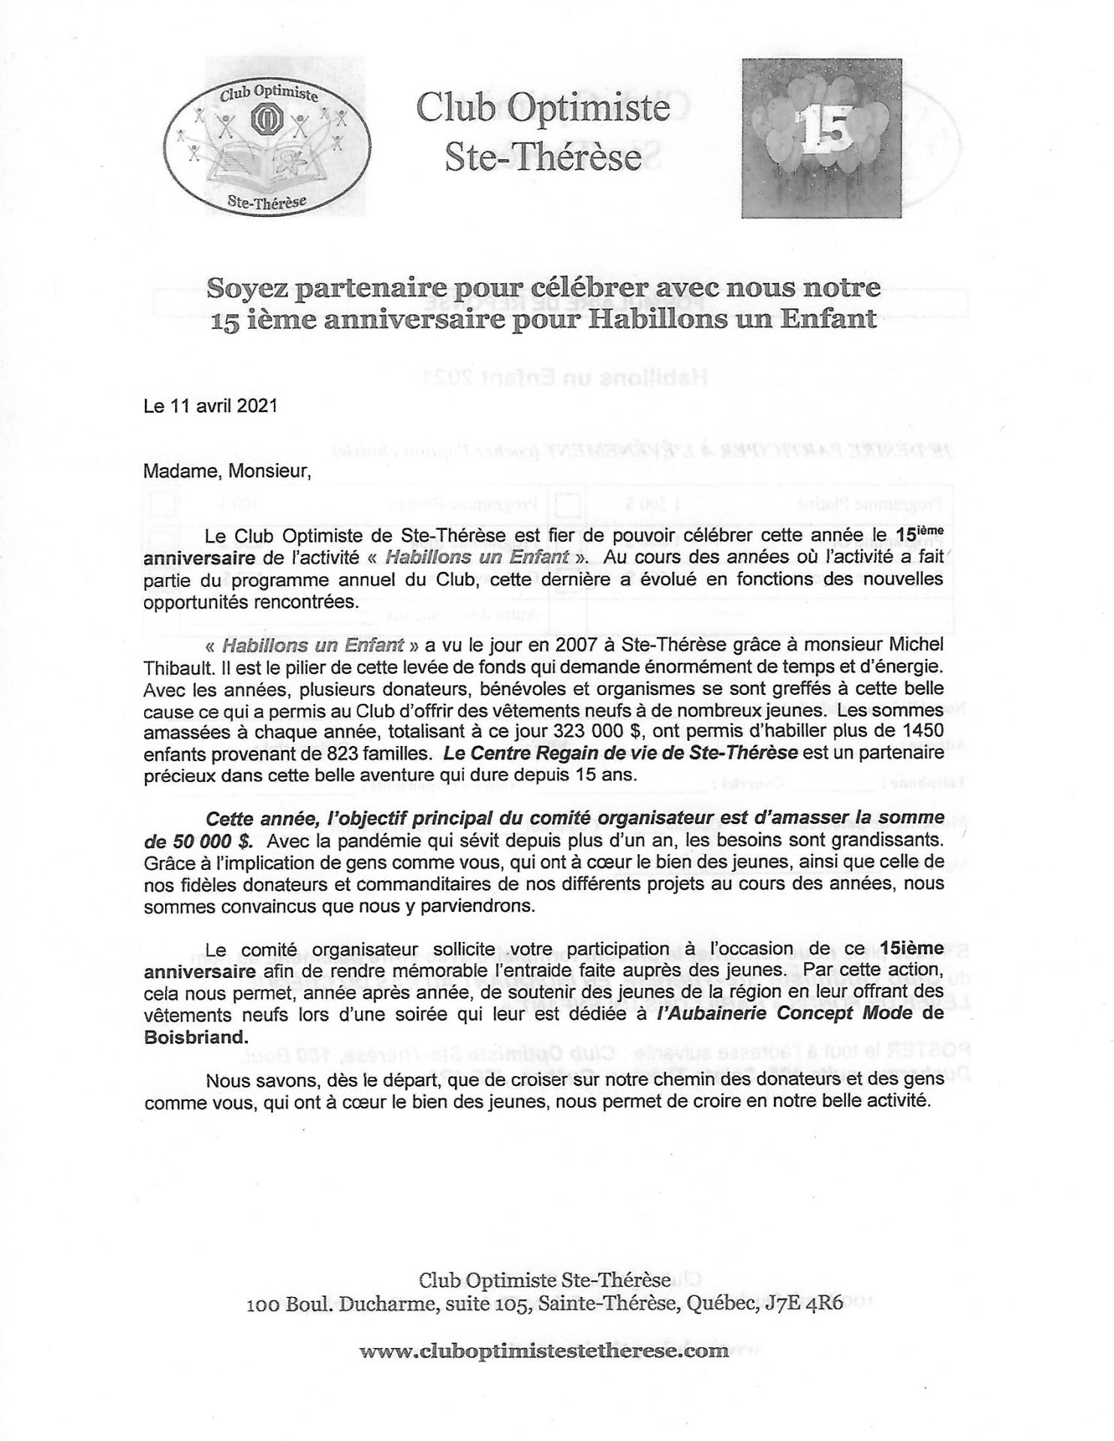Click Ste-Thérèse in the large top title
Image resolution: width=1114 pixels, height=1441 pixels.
[x=543, y=157]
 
